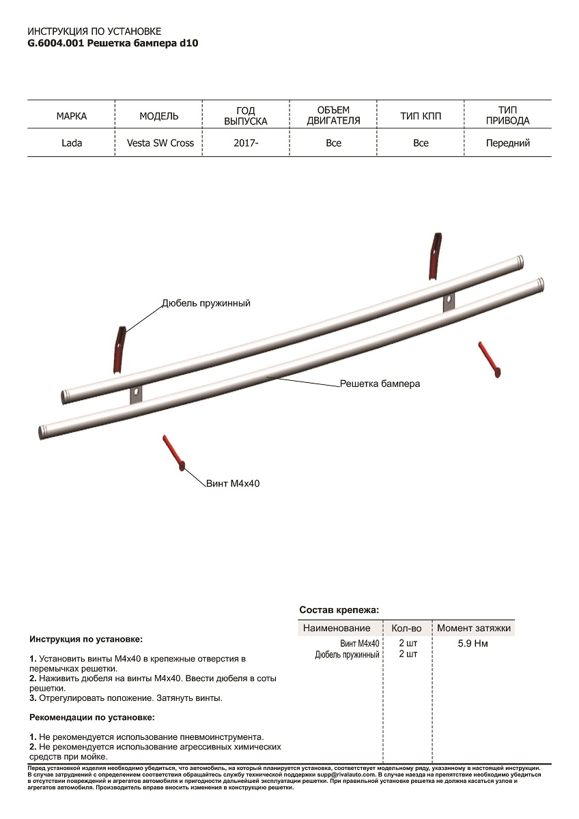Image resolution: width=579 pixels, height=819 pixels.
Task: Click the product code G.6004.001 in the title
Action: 56,42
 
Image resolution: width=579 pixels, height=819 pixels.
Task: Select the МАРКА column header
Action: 71,116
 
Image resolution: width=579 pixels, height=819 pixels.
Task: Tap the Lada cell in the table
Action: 71,143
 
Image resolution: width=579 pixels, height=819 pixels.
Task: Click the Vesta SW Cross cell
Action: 160,143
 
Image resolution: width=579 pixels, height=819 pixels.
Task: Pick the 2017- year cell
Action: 246,143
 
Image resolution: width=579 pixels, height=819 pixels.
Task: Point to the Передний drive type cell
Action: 507,143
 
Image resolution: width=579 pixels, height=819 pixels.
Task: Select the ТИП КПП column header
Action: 421,116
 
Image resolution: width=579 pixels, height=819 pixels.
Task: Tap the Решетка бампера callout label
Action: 380,384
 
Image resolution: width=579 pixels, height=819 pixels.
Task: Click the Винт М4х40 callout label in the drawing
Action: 233,483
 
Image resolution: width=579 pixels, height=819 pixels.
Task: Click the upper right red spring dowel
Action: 434,255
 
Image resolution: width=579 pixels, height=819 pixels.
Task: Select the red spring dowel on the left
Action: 119,349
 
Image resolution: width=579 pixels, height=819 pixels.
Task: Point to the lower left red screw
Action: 173,452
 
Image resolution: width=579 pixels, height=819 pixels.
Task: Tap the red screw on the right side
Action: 490,358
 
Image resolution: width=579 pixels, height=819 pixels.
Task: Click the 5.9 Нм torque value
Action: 472,644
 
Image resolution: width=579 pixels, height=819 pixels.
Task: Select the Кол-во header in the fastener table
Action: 406,628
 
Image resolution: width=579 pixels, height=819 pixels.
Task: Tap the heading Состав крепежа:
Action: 339,609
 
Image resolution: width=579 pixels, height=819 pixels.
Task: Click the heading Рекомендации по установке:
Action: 92,717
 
